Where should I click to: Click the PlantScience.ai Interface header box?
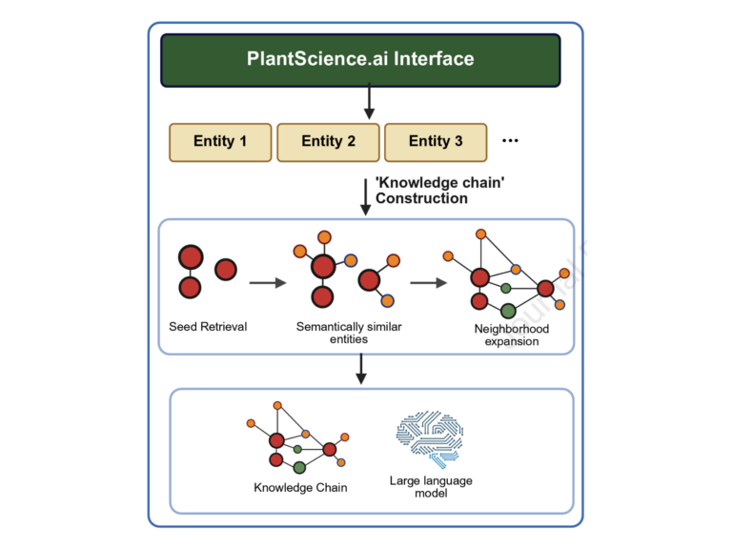366,59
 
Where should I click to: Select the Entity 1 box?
220,142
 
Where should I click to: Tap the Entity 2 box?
328,142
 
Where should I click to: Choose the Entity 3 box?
436,142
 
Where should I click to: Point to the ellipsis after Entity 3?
510,141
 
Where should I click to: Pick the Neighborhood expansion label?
512,335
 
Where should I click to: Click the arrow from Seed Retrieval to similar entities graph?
268,282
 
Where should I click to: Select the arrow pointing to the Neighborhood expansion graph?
429,282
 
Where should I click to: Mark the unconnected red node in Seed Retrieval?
226,270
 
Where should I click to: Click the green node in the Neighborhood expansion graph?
508,310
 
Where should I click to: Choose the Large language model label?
431,487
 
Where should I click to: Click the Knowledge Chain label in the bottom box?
300,488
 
